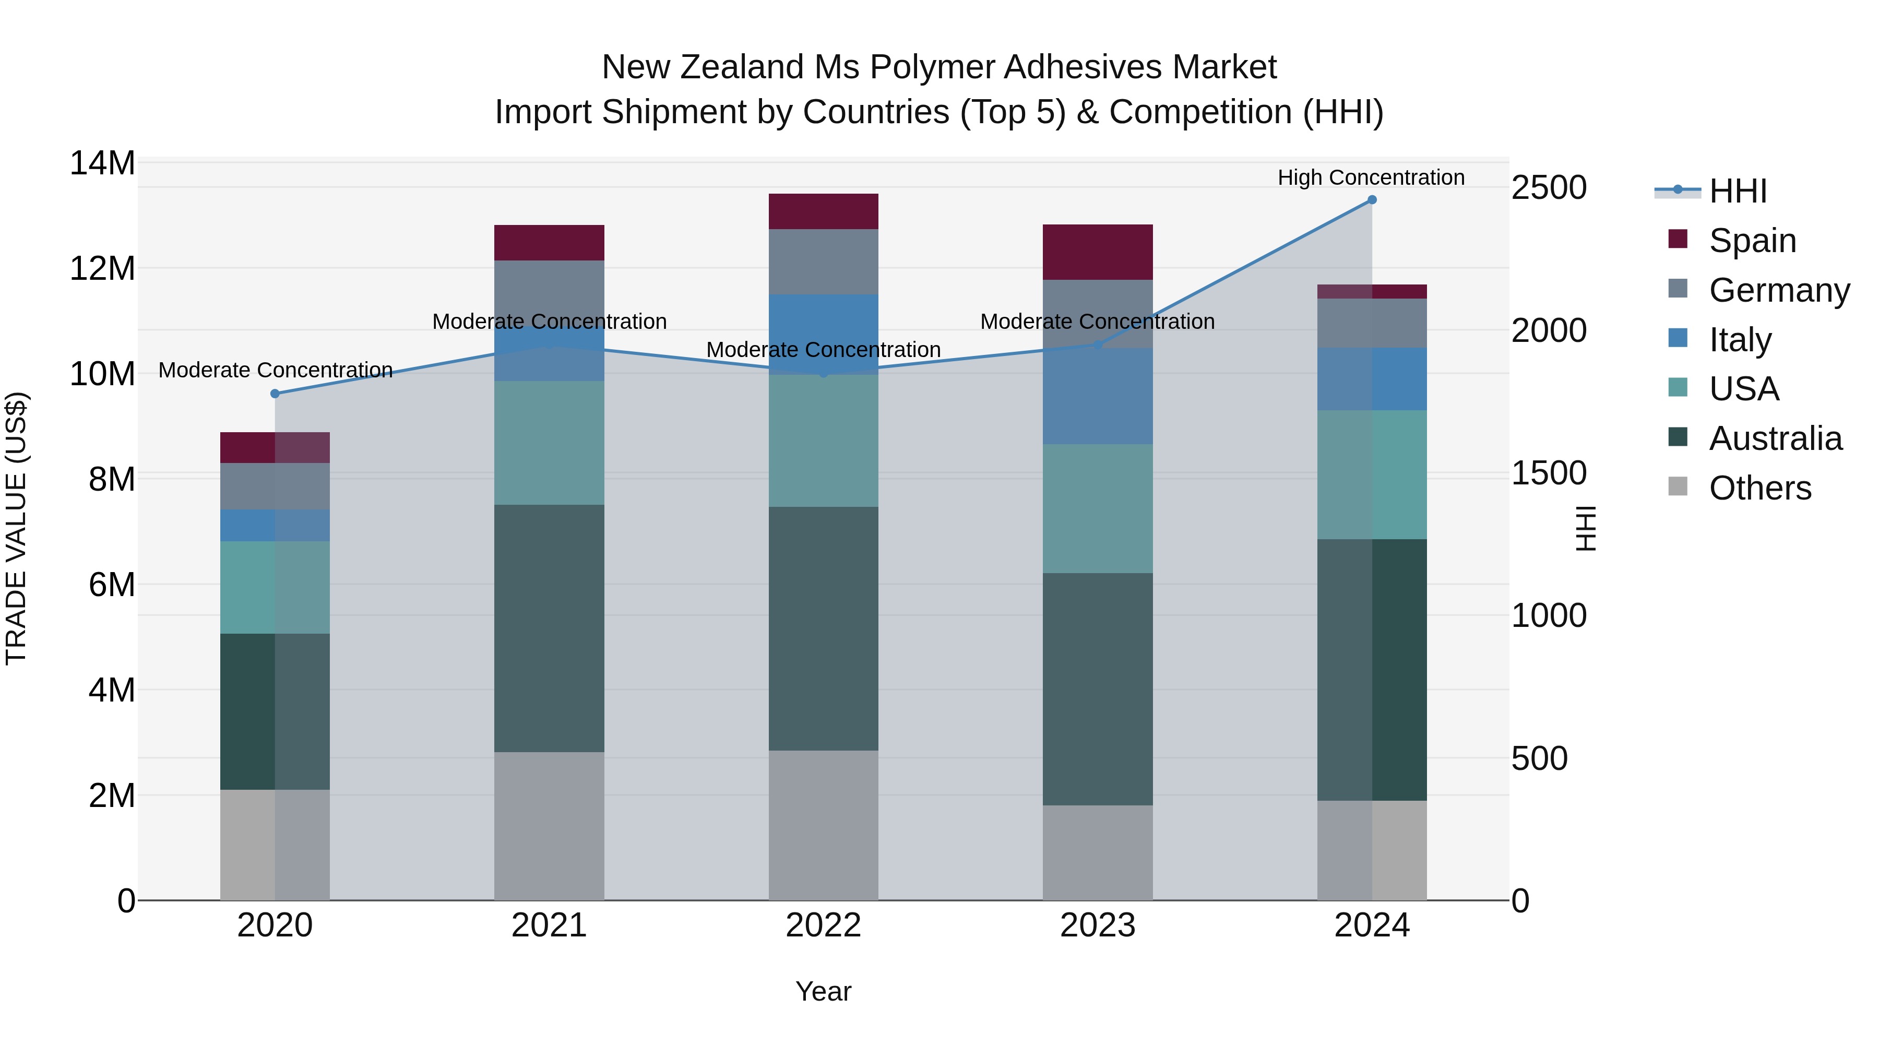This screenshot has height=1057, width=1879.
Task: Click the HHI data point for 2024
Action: point(1371,200)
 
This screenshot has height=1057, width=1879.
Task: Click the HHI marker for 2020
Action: point(275,394)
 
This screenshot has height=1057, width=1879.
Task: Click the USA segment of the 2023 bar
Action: point(1097,508)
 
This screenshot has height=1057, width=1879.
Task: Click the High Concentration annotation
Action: point(1371,177)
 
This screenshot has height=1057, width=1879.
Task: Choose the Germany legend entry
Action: point(1778,290)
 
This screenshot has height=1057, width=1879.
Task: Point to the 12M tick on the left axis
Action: point(102,268)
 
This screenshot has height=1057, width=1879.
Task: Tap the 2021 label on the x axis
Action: point(549,925)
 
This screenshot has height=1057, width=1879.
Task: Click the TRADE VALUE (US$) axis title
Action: point(16,528)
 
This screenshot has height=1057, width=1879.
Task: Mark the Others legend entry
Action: point(1759,488)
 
